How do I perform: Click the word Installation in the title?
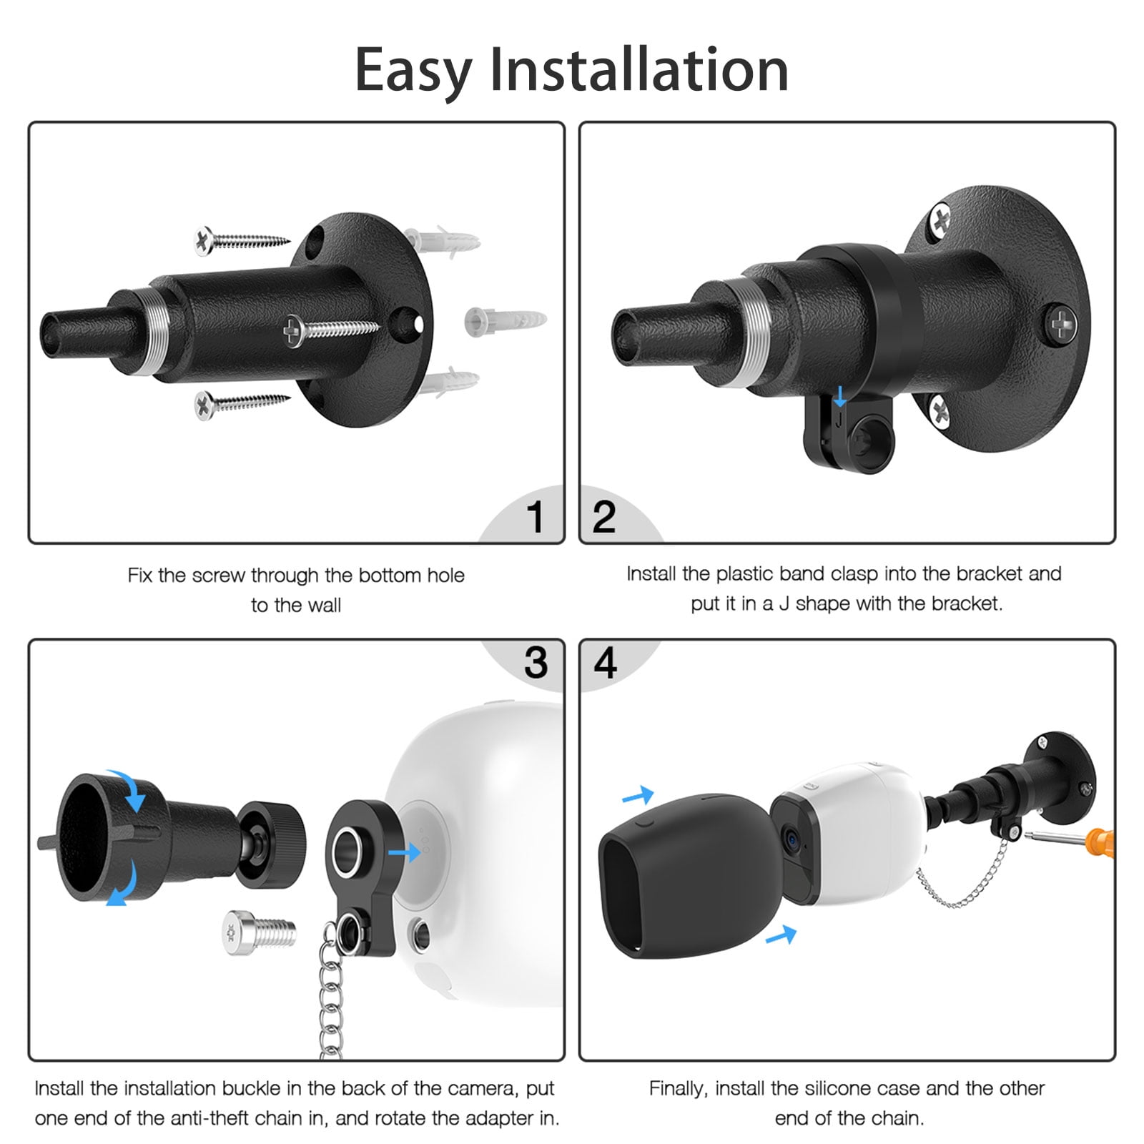(638, 70)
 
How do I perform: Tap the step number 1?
(535, 516)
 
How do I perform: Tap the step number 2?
(604, 516)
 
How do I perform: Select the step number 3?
(536, 663)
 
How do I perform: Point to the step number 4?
(605, 663)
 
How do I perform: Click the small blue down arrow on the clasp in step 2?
(840, 396)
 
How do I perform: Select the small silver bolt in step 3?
(259, 932)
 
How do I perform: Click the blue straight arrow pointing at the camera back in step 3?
(404, 852)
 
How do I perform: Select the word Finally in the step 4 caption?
(678, 1088)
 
